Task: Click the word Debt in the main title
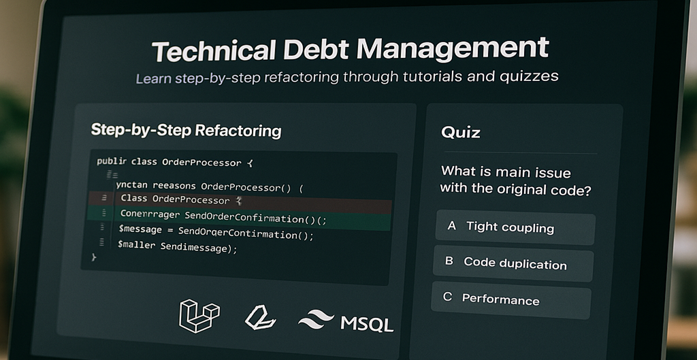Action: tap(316, 50)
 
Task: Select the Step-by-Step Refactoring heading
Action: tap(186, 130)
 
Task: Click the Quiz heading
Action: tap(460, 131)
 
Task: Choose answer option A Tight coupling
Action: tap(515, 227)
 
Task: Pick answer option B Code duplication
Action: tap(513, 263)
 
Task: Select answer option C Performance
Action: tap(510, 299)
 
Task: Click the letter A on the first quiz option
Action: tap(451, 226)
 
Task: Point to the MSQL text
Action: tap(367, 322)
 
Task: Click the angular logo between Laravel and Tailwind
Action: tap(259, 317)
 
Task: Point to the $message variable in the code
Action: tap(140, 231)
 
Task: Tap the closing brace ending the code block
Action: tap(94, 258)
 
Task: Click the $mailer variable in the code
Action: tap(137, 247)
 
